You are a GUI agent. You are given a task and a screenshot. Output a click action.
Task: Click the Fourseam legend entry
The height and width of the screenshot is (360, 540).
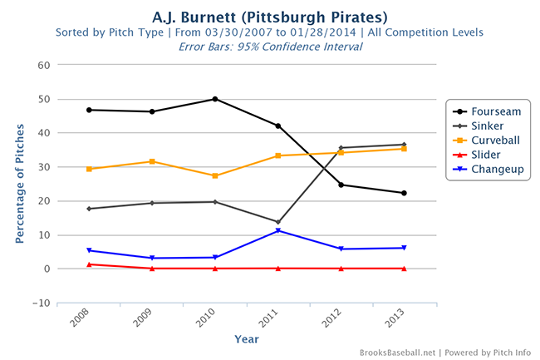pyautogui.click(x=490, y=110)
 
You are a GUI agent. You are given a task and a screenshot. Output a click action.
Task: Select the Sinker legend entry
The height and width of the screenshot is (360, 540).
pyautogui.click(x=487, y=125)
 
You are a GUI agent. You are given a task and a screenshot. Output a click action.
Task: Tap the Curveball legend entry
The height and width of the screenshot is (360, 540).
pyautogui.click(x=492, y=140)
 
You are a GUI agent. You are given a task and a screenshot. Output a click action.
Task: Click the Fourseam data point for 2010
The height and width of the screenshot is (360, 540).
pyautogui.click(x=215, y=99)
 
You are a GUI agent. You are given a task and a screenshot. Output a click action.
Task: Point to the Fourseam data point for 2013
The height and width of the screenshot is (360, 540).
pyautogui.click(x=404, y=193)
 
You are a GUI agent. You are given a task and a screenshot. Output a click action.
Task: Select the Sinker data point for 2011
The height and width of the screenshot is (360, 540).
pyautogui.click(x=278, y=222)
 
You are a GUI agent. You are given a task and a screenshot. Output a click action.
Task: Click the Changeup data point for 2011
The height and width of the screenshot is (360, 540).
pyautogui.click(x=278, y=230)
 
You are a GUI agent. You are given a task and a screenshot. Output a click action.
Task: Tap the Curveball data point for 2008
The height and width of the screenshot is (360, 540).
pyautogui.click(x=89, y=169)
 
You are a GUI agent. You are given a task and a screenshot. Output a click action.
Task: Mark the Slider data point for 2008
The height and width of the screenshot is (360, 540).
pyautogui.click(x=89, y=264)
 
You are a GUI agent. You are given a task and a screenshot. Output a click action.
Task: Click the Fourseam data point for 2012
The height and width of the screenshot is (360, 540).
pyautogui.click(x=341, y=185)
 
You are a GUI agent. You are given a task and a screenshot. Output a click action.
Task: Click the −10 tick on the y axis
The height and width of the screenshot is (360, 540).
pyautogui.click(x=40, y=303)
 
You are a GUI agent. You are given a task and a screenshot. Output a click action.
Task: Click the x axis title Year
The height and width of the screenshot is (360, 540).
pyautogui.click(x=246, y=338)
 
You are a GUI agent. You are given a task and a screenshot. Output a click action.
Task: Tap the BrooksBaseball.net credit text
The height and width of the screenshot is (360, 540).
pyautogui.click(x=396, y=353)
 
